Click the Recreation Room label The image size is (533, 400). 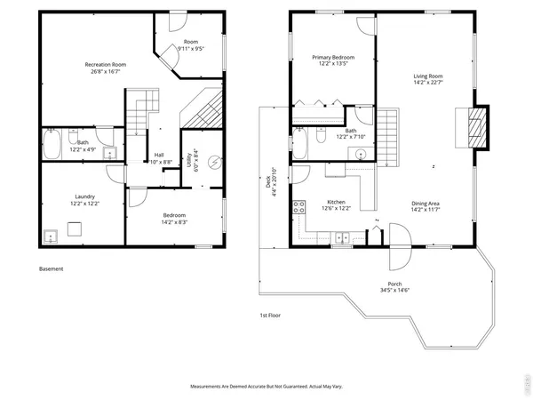tap(104, 65)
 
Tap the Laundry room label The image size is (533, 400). tap(85, 197)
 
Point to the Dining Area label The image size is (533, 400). tap(426, 204)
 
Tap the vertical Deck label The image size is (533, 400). tap(267, 184)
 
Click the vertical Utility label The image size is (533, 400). tap(188, 161)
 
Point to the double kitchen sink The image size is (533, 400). tap(341, 237)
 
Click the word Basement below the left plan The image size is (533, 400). tap(52, 268)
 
